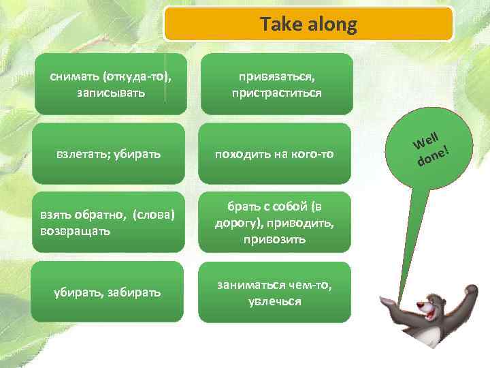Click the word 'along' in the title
tap(332, 25)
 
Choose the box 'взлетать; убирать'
tap(110, 154)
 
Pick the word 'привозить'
tap(276, 240)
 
